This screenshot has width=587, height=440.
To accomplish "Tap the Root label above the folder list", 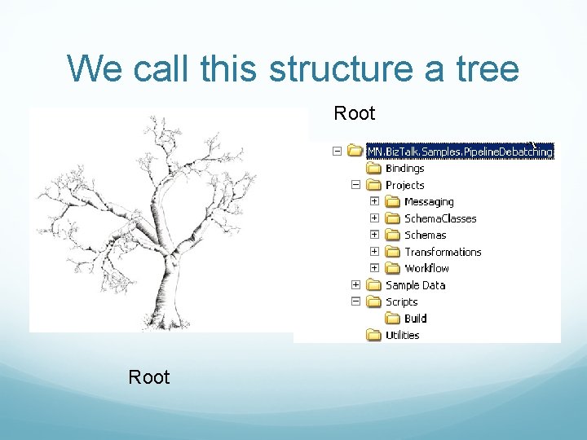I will coord(355,113).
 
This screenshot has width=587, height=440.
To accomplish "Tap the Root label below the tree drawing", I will coord(149,377).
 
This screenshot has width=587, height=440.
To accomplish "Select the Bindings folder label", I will coord(404,169).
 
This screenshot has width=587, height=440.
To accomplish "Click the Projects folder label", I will coord(404,185).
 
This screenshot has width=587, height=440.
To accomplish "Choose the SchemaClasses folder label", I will coord(440,218).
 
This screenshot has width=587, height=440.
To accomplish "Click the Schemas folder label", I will coord(426,235).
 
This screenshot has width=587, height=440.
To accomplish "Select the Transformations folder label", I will coord(443,252).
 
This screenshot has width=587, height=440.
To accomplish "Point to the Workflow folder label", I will coord(426,268).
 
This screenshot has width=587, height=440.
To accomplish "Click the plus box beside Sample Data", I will coord(355,284).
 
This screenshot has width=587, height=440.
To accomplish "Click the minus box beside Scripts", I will coord(355,301).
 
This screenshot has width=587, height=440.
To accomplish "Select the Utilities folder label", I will coord(402,335).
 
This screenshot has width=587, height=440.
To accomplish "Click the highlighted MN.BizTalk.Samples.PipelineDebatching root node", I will coord(460,151).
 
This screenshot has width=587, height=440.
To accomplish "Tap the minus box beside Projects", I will coord(355,185).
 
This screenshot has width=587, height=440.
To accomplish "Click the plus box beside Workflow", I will coord(374,268).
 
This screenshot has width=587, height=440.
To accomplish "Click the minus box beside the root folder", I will coord(336,151).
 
